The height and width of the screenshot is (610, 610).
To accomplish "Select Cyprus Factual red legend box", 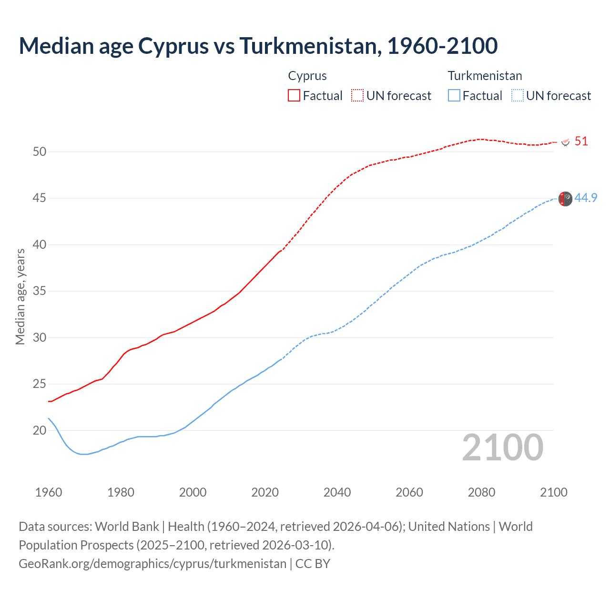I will (294, 96).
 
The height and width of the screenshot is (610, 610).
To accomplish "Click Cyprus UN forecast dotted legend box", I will (357, 96).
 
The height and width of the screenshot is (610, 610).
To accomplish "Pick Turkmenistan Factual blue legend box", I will (454, 96).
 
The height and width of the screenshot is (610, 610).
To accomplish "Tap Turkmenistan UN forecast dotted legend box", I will (518, 96).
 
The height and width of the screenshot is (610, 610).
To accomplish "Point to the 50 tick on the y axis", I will (40, 152).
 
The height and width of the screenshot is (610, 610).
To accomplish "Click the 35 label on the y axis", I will (40, 291).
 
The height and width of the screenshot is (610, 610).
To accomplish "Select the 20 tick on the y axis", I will (40, 430).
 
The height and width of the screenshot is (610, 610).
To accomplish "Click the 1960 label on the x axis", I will (49, 492).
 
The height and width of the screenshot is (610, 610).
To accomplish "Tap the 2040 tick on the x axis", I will (337, 492).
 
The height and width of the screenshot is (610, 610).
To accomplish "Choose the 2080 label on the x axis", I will (481, 492).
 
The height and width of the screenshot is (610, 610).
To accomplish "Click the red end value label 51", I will (581, 142).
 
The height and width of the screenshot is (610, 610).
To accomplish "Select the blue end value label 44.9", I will (586, 198).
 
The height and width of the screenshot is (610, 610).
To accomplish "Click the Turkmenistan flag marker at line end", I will (565, 199).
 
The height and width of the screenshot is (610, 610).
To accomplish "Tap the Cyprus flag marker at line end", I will (566, 142).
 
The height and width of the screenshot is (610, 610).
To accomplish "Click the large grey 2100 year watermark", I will (502, 447).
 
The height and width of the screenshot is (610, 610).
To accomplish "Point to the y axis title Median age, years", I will (20, 296).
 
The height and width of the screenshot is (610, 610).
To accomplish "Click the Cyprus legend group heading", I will (307, 76).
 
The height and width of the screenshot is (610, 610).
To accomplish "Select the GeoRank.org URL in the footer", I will (152, 564).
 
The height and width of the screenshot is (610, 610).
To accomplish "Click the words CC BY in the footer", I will (313, 564).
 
